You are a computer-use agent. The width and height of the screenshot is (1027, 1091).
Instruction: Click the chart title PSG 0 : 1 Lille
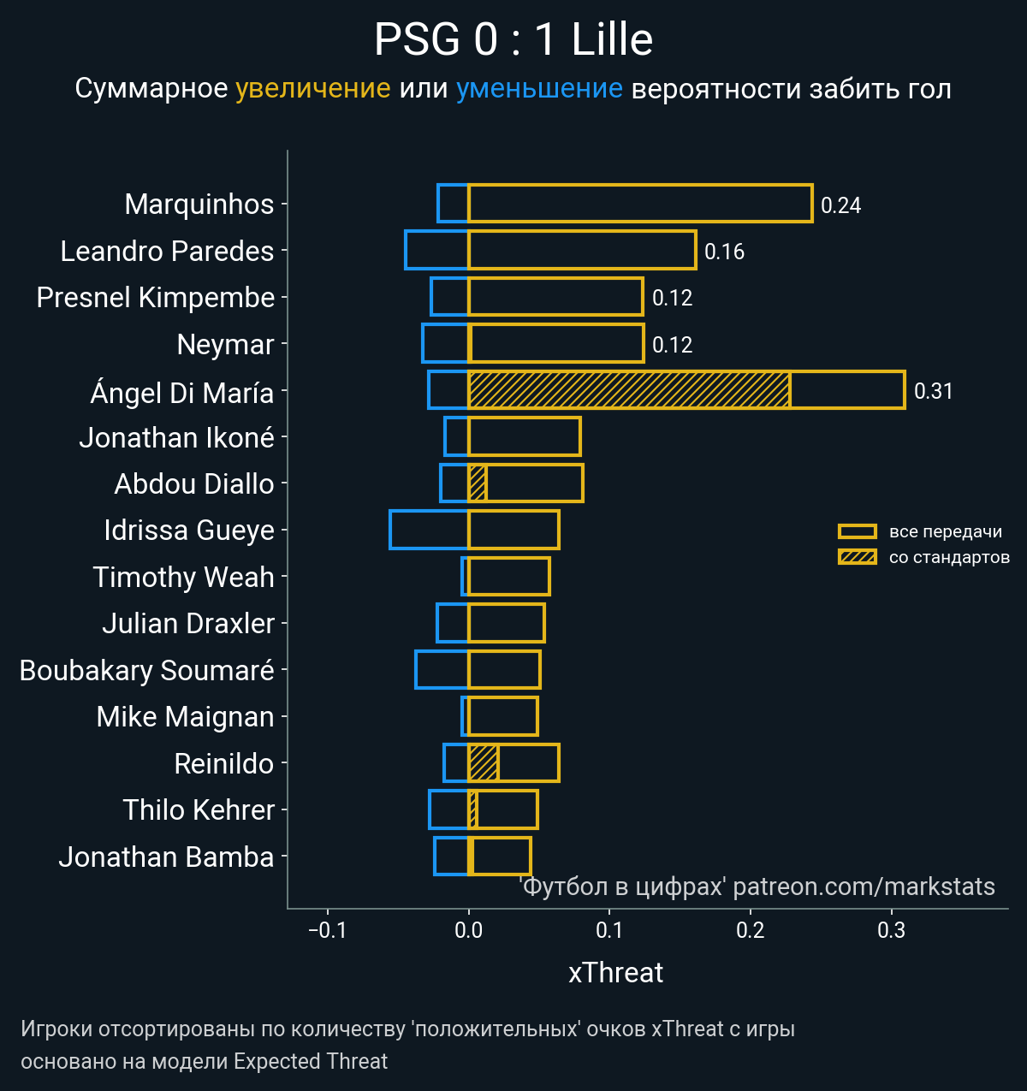[513, 40]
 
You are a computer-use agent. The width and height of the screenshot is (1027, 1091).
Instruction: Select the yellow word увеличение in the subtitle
[312, 89]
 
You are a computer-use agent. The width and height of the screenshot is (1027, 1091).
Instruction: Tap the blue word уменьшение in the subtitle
[539, 89]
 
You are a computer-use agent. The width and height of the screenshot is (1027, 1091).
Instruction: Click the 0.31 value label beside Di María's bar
[933, 391]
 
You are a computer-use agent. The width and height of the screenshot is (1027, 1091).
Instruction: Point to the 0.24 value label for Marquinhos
[840, 205]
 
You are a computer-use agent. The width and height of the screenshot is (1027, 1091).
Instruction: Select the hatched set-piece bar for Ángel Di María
[629, 390]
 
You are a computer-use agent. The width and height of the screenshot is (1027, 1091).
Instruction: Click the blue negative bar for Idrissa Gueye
[429, 530]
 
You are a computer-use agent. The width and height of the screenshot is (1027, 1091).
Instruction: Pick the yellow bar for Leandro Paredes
[582, 250]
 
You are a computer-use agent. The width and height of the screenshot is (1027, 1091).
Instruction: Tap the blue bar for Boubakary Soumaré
[442, 669]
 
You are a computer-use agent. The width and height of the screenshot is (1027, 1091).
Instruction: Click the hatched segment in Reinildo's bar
[484, 762]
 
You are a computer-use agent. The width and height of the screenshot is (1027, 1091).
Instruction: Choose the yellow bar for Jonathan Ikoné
[525, 436]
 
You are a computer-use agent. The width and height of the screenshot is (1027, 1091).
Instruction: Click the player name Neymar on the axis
[225, 344]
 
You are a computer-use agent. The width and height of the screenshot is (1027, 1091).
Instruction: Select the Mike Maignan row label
[185, 716]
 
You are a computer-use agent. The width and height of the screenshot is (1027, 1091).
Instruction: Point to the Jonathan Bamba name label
[166, 857]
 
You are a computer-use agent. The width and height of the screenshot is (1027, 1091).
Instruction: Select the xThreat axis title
[615, 973]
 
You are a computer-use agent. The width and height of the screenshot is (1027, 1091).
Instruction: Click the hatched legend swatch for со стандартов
[857, 557]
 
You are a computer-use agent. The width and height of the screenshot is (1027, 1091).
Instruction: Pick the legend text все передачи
[945, 531]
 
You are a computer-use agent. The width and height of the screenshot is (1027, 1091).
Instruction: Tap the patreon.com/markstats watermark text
[864, 886]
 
